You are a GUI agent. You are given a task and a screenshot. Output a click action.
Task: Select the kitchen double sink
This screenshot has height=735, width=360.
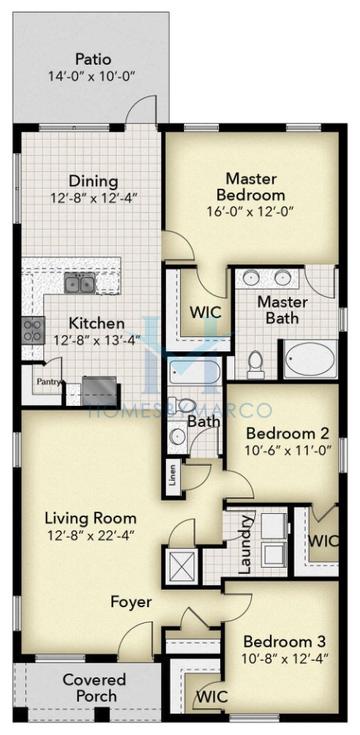[80, 284]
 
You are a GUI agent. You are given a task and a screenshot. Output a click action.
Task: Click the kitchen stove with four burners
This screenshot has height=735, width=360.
[32, 330]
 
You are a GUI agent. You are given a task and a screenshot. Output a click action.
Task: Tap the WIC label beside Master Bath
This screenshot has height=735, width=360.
[206, 311]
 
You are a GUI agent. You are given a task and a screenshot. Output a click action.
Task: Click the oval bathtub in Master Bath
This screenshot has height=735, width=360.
[310, 358]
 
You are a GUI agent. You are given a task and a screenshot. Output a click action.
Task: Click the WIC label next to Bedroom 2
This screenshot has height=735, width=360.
[322, 540]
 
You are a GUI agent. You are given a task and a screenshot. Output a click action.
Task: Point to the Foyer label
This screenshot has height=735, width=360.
[131, 602]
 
